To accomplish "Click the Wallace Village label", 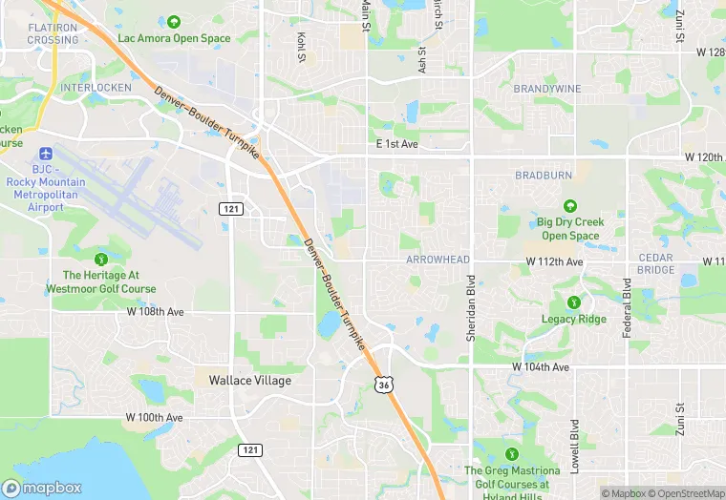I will pos(249,380).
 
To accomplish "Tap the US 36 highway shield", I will pos(382,384).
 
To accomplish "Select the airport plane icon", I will pos(45,153).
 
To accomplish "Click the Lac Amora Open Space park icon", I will pos(174,22).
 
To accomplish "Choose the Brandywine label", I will pos(546,89).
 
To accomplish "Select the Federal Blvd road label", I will pos(627,308).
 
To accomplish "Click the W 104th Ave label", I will pos(540,366).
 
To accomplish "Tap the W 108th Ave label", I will pos(155,312).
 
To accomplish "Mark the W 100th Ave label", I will pos(153,418).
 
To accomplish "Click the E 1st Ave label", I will pos(397,143).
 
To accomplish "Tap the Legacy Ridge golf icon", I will pos(573,302).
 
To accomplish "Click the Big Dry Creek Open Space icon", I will pos(570,206).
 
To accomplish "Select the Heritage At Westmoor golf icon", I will pos(101,258).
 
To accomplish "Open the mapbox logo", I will pos(42,488).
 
